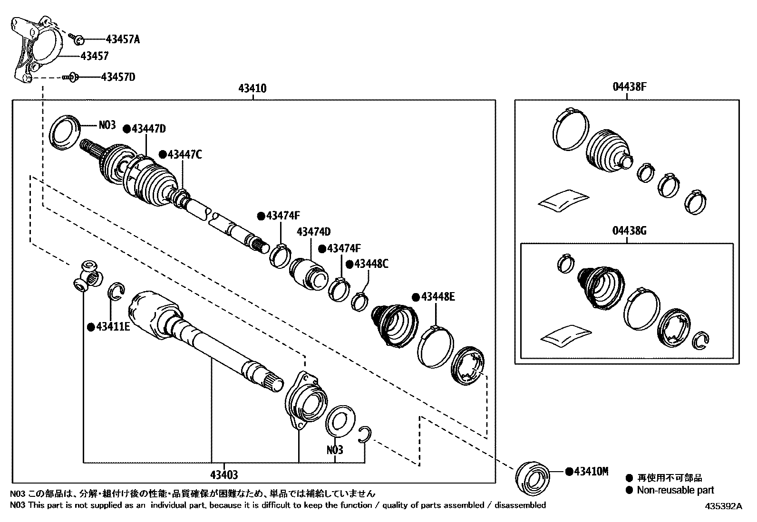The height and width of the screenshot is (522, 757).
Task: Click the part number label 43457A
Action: click(x=123, y=39)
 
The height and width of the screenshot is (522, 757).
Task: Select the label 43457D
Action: click(x=118, y=76)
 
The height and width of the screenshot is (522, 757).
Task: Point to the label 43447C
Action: click(x=184, y=154)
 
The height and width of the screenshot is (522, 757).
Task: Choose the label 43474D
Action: click(x=313, y=232)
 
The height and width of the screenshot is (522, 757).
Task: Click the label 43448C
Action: click(x=371, y=264)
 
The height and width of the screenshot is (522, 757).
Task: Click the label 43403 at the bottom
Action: click(x=224, y=475)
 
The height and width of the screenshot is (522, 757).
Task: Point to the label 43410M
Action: click(x=591, y=471)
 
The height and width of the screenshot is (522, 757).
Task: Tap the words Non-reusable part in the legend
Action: click(x=675, y=490)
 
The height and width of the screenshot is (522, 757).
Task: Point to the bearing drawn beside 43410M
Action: click(x=533, y=478)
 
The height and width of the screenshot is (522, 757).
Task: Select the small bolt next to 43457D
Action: click(x=70, y=76)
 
